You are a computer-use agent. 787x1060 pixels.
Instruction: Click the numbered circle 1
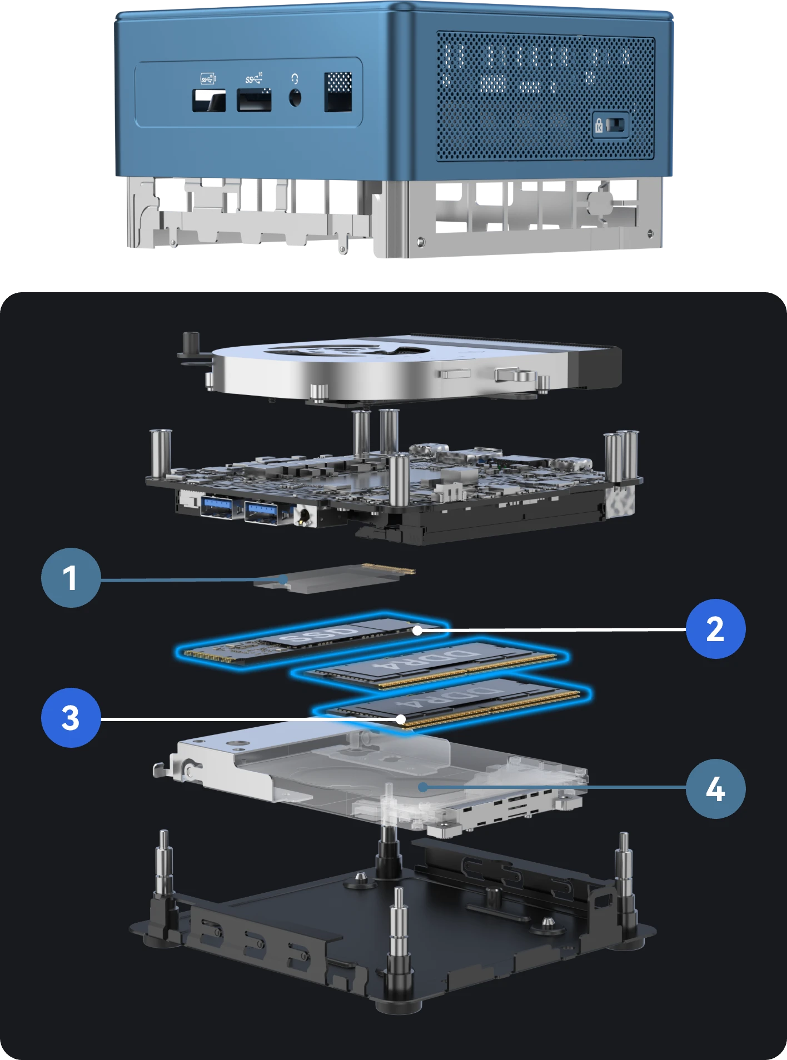(71, 578)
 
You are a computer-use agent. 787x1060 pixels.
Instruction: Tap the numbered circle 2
(715, 629)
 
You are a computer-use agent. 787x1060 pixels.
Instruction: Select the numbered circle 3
(71, 718)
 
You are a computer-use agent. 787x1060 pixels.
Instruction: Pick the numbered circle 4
(715, 789)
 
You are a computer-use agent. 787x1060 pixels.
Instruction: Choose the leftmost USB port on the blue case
(209, 101)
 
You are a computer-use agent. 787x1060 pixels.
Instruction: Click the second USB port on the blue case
(254, 101)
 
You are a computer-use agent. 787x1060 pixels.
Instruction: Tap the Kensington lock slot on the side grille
(610, 124)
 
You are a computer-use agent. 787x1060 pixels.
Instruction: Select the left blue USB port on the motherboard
(217, 509)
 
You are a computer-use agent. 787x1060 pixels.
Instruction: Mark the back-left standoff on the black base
(164, 867)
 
